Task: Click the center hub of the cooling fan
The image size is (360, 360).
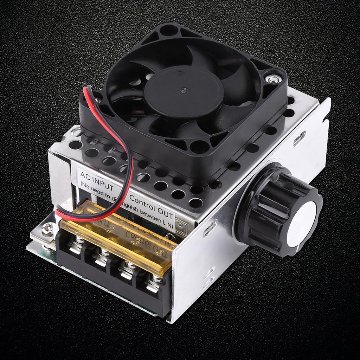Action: [x=184, y=91]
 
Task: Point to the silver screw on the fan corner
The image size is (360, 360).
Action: [x=274, y=79]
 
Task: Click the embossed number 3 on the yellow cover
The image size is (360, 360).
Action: [x=138, y=242]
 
